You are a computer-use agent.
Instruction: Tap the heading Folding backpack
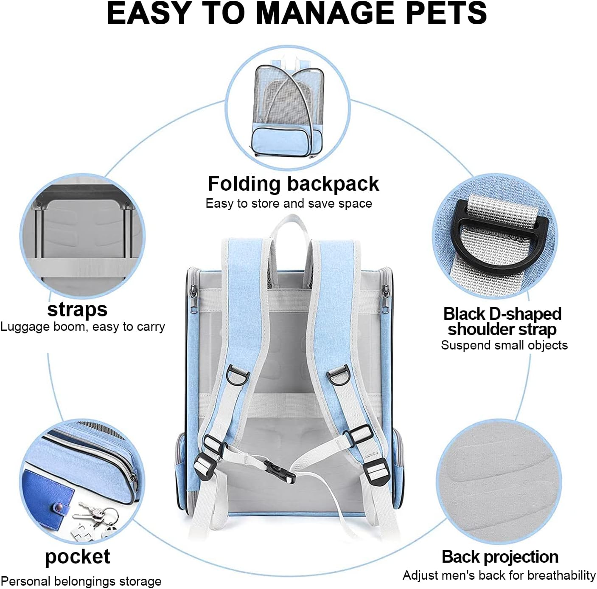293,184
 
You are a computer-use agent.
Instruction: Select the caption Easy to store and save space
289,203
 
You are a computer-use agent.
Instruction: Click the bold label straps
77,309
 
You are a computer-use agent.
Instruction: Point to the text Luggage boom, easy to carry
82,327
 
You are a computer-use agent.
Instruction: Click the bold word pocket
77,557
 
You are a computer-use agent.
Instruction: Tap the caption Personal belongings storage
81,581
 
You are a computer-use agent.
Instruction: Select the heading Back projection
500,557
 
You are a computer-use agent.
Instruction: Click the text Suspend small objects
504,345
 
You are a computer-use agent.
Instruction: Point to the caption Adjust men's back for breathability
499,575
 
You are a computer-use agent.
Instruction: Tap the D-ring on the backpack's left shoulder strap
236,375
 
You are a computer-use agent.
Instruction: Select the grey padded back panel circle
499,484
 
